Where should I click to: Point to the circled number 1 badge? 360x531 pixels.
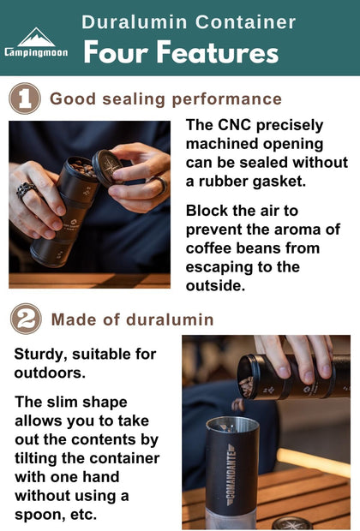tap(24, 98)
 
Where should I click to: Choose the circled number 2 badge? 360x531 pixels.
tap(24, 319)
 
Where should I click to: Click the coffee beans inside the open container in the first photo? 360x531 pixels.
tap(81, 167)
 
